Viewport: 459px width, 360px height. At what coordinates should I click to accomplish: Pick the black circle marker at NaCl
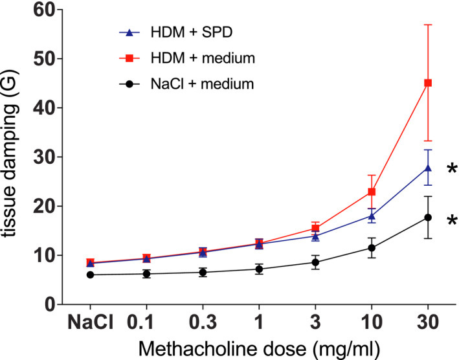pyautogui.click(x=90, y=275)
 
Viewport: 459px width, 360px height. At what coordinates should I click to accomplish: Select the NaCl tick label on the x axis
pyautogui.click(x=89, y=322)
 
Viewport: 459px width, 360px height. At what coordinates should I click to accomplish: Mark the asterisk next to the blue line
pyautogui.click(x=451, y=170)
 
